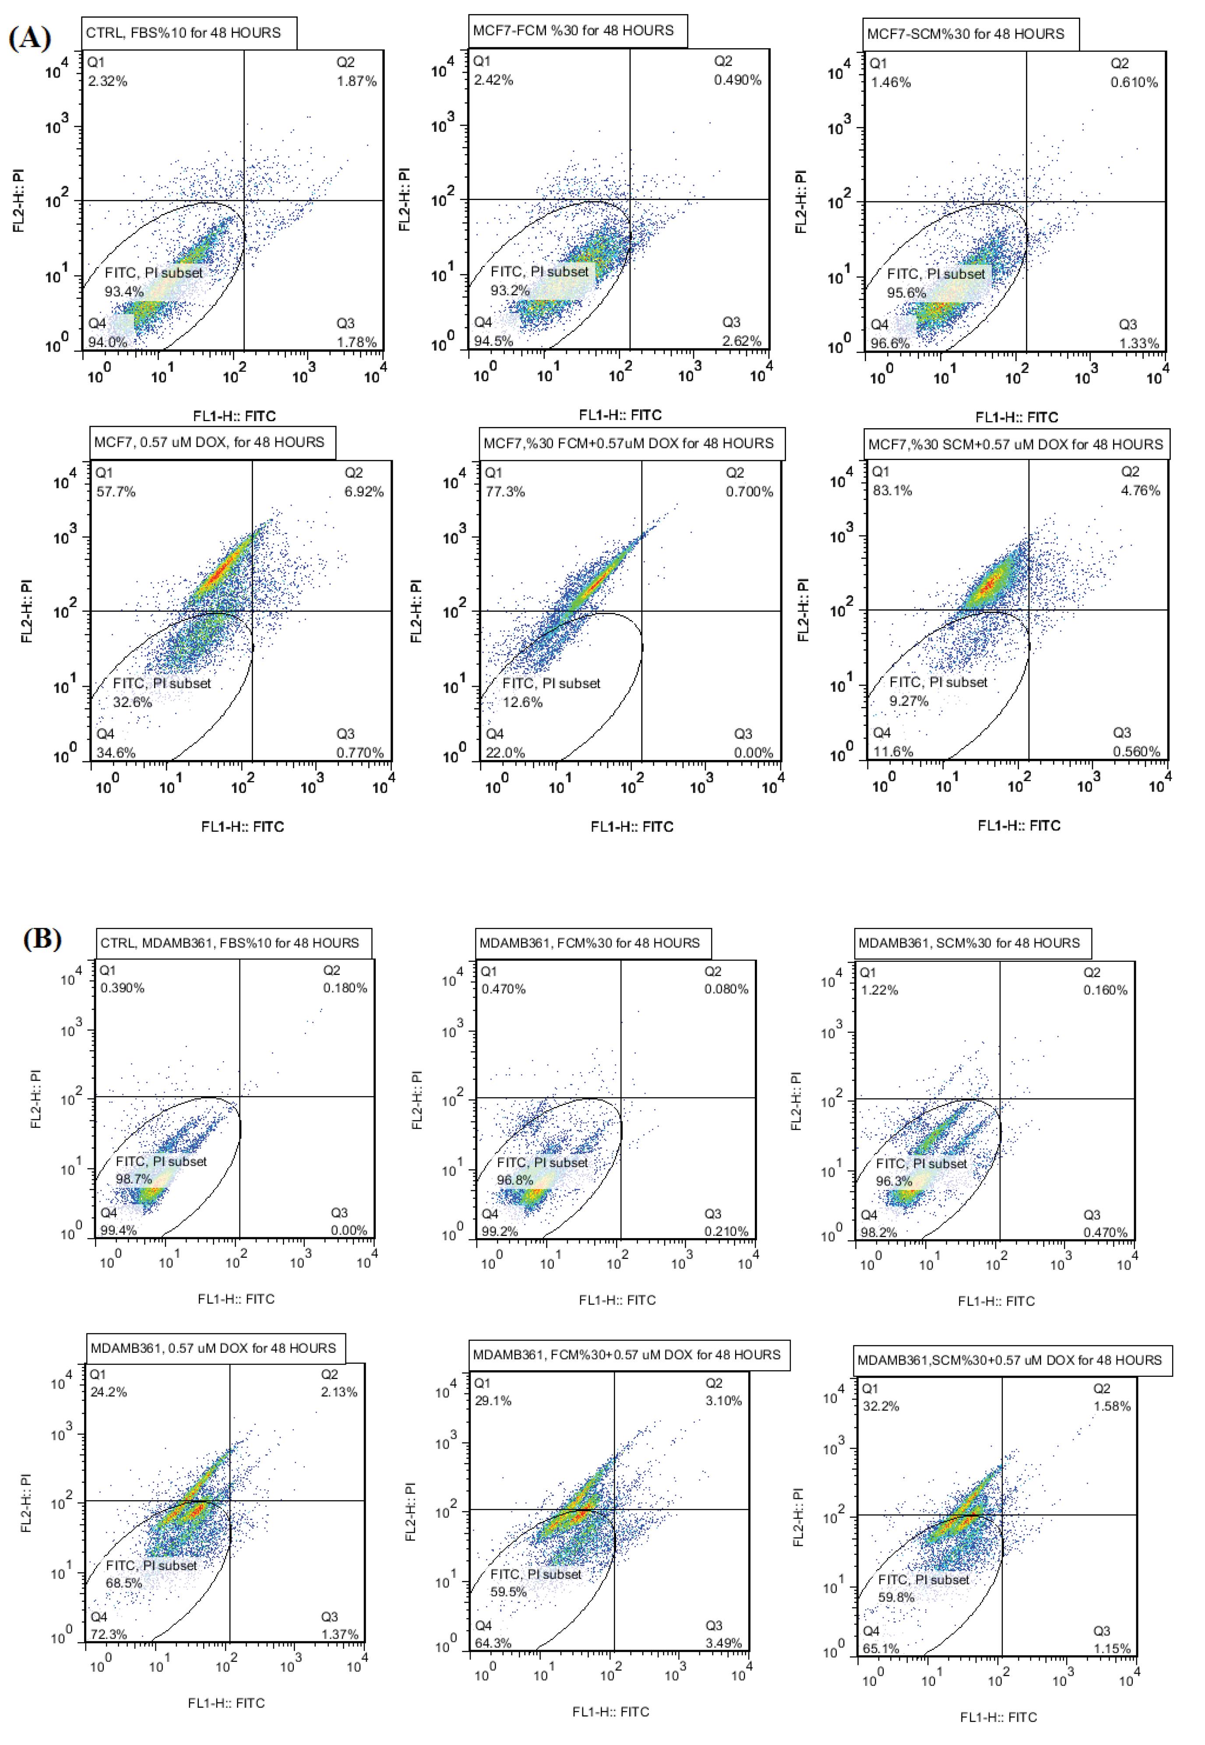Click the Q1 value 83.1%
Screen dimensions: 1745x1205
(x=892, y=491)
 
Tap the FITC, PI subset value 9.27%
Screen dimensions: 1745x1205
(x=909, y=701)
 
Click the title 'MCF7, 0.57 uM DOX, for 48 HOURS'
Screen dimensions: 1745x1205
(x=209, y=442)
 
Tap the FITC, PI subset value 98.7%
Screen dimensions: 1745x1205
(x=134, y=1179)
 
